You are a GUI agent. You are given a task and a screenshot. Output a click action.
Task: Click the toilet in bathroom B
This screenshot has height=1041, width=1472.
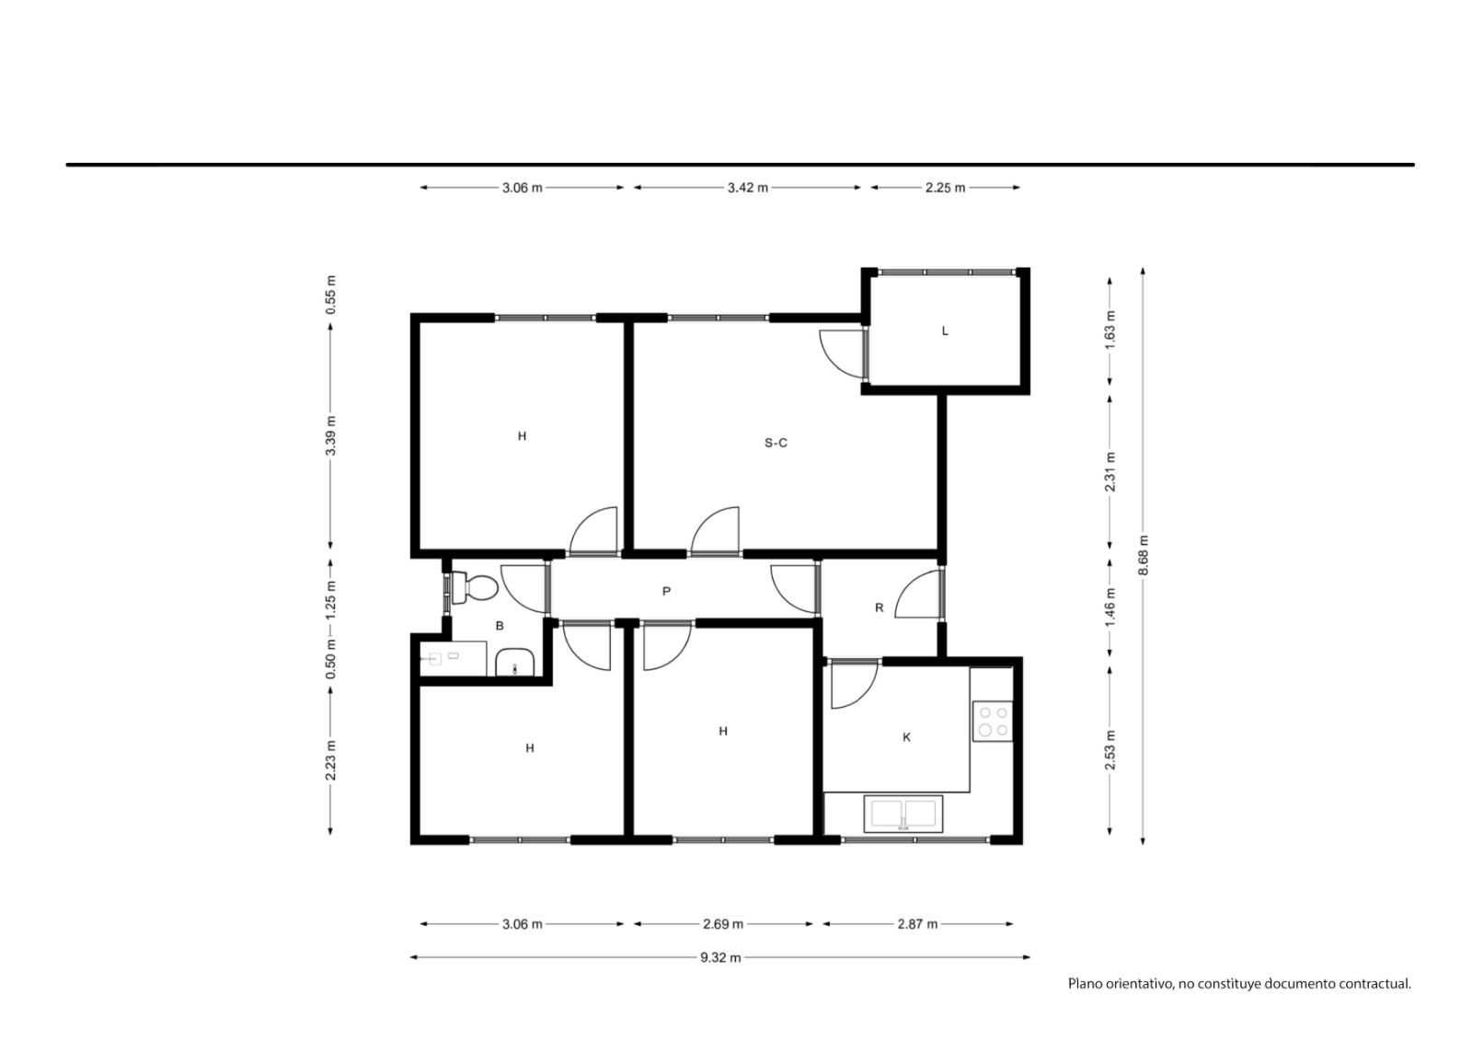tap(474, 587)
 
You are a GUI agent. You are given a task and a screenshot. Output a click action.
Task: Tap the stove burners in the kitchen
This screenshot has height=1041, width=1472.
tap(993, 721)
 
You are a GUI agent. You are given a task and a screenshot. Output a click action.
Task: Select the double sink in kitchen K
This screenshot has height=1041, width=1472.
tap(903, 814)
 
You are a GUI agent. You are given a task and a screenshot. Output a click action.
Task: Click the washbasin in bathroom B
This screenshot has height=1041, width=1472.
tap(514, 662)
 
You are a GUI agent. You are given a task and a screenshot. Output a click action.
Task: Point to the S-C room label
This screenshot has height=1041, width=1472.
tap(776, 443)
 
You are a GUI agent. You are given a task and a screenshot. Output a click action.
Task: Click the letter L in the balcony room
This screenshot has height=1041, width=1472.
tap(945, 330)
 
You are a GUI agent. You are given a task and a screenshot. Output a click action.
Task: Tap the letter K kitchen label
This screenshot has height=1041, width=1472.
tap(906, 737)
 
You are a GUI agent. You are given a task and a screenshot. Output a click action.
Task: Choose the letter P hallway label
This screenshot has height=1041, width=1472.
tap(666, 591)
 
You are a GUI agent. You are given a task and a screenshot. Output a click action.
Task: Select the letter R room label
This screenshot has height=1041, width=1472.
tap(880, 607)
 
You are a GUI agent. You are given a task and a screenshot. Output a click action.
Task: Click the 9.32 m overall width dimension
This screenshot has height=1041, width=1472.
tap(720, 957)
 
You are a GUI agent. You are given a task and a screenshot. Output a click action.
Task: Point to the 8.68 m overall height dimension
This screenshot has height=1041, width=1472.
tap(1144, 555)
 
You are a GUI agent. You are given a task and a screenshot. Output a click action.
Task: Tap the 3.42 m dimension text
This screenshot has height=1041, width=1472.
tap(748, 188)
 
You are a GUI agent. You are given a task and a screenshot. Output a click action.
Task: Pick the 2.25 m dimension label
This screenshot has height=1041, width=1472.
tap(946, 188)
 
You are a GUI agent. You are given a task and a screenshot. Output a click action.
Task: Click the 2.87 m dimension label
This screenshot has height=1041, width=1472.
tap(918, 924)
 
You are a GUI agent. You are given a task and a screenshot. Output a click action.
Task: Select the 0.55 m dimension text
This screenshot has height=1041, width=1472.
tap(331, 294)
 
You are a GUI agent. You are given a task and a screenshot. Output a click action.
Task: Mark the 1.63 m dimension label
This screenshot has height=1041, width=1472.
tap(1110, 330)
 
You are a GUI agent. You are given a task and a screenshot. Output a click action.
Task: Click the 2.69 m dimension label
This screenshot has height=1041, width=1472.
tap(723, 924)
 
